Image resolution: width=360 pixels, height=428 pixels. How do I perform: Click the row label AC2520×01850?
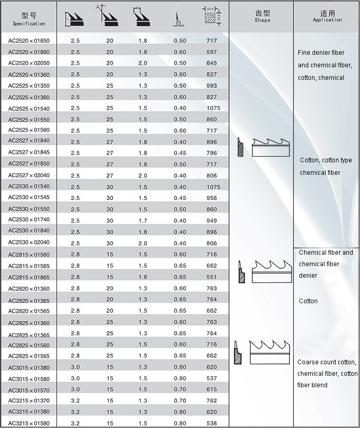29,41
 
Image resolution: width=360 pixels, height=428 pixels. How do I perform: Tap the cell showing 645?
211,63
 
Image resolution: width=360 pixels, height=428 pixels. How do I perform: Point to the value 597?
211,52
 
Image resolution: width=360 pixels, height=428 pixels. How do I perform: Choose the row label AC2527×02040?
29,176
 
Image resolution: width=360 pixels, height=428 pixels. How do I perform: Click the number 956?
211,198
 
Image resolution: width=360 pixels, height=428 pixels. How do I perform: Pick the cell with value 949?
211,221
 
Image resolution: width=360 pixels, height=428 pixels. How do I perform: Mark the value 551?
211,277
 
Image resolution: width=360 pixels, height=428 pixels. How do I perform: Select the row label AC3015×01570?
29,390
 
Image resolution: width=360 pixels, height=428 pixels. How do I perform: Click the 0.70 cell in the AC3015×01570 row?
180,389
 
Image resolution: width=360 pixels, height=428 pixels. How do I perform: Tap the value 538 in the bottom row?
211,423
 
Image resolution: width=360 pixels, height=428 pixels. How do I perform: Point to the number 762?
211,401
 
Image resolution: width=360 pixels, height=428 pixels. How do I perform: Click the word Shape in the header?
262,20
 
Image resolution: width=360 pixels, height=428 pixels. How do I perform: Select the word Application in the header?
327,20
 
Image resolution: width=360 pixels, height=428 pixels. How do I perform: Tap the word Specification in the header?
29,23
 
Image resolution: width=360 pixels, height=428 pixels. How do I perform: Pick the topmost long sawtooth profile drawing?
271,148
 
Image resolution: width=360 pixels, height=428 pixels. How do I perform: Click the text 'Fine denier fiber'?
321,53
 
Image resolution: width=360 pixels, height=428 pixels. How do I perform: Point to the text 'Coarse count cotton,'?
327,362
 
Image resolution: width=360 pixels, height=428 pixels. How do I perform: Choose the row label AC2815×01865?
29,278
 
